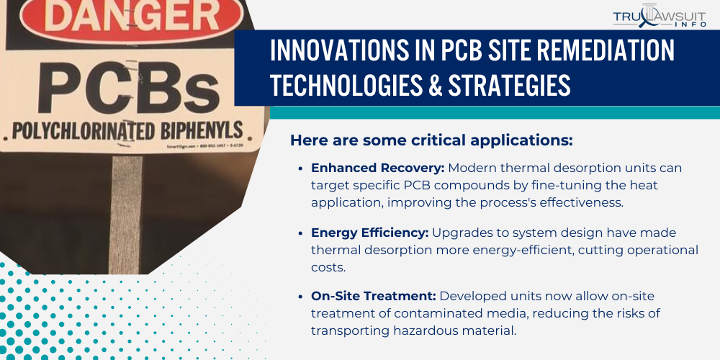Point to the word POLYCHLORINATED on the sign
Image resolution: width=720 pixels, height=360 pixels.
81,132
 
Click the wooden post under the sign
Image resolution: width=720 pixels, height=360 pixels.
125,216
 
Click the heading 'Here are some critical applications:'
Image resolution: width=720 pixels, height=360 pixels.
431,140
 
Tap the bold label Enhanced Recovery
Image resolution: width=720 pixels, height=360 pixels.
377,168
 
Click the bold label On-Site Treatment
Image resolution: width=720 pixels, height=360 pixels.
373,296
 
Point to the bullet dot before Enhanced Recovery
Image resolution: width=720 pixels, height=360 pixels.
300,168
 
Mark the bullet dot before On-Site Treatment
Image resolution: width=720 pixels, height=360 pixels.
300,297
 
